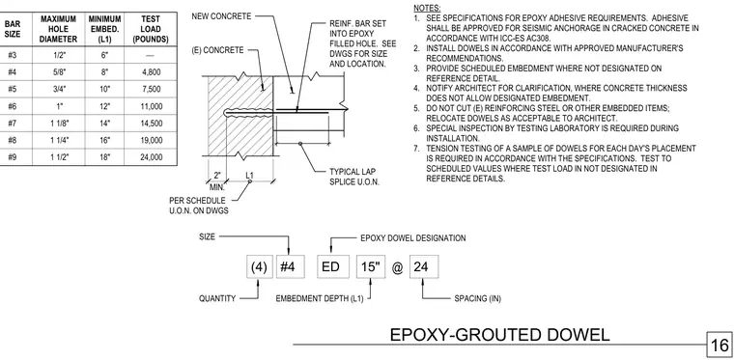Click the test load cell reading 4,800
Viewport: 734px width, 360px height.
[151, 72]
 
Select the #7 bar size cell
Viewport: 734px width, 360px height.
[13, 124]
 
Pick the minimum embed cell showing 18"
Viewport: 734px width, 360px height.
[105, 157]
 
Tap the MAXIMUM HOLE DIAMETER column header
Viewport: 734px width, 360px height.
[59, 29]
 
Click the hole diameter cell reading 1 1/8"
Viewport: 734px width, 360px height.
[59, 124]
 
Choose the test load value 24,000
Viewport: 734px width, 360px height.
[151, 157]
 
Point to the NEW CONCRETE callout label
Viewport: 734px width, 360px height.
[221, 16]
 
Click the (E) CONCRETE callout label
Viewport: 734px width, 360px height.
[217, 50]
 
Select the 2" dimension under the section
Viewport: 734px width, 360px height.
[217, 176]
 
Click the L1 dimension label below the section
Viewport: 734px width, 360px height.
[249, 176]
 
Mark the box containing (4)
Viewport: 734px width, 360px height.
[260, 267]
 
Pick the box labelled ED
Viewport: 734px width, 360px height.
[331, 267]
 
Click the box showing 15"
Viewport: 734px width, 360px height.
[371, 267]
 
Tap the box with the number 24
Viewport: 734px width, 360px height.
[424, 267]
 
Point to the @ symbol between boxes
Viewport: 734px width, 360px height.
[398, 269]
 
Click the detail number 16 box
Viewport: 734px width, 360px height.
[720, 346]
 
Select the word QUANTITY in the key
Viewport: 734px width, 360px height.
[217, 298]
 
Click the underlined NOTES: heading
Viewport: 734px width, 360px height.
[427, 8]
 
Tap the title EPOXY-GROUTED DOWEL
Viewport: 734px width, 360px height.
[500, 335]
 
